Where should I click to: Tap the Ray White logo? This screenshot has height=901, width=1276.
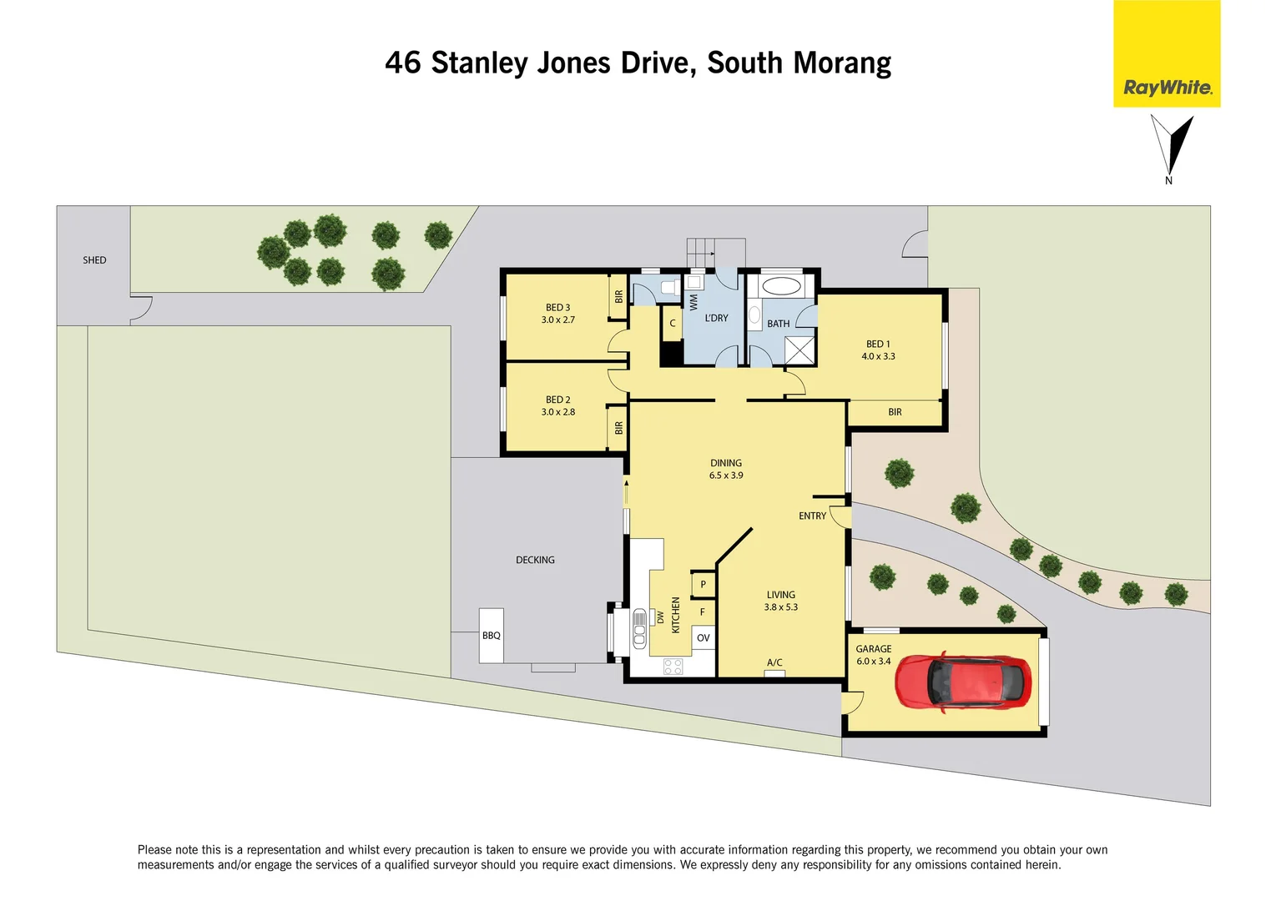tap(1167, 88)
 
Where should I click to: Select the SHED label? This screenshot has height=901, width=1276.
tap(94, 260)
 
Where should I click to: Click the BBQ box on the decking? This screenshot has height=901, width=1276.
tap(491, 636)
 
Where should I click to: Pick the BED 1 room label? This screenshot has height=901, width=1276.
tap(878, 344)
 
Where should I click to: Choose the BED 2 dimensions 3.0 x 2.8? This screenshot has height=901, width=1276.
tap(558, 412)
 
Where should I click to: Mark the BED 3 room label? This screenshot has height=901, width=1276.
tap(557, 308)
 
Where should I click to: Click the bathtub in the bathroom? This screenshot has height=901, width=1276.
tap(781, 288)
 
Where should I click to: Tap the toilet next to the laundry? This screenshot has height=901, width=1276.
tap(668, 288)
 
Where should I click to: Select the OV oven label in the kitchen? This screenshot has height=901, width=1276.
tap(703, 638)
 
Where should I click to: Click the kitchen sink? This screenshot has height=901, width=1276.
tap(639, 629)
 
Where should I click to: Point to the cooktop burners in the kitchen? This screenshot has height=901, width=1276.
tap(673, 666)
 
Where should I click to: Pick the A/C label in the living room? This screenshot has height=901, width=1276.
tap(774, 663)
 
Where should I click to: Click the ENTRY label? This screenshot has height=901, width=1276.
tap(812, 516)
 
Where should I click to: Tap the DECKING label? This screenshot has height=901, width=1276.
tap(535, 561)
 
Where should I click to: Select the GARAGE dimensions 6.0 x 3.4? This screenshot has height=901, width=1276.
tap(873, 662)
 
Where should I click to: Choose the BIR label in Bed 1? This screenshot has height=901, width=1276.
tap(895, 412)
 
